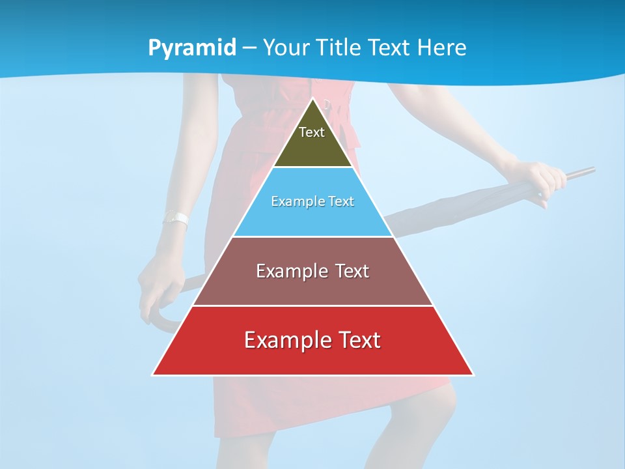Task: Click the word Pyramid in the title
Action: pyautogui.click(x=192, y=48)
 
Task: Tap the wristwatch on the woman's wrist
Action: pyautogui.click(x=176, y=219)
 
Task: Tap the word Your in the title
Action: pyautogui.click(x=284, y=48)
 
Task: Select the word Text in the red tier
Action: pyautogui.click(x=358, y=340)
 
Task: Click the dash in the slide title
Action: pyautogui.click(x=249, y=48)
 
